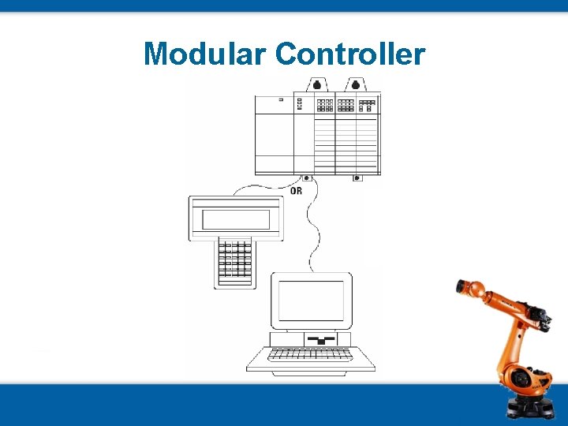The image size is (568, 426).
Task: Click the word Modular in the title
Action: (207, 54)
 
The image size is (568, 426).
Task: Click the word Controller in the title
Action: (350, 54)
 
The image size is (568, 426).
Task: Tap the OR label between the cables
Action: (296, 191)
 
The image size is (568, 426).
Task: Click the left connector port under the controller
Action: (306, 178)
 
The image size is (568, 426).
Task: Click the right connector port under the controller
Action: (357, 178)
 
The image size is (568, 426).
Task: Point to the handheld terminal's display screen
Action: (236, 219)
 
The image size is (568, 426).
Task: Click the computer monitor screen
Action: (311, 301)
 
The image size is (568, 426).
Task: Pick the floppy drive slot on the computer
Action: (320, 339)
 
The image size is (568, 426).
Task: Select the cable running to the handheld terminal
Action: (260, 189)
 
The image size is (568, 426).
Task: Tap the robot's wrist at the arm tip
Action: (462, 287)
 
